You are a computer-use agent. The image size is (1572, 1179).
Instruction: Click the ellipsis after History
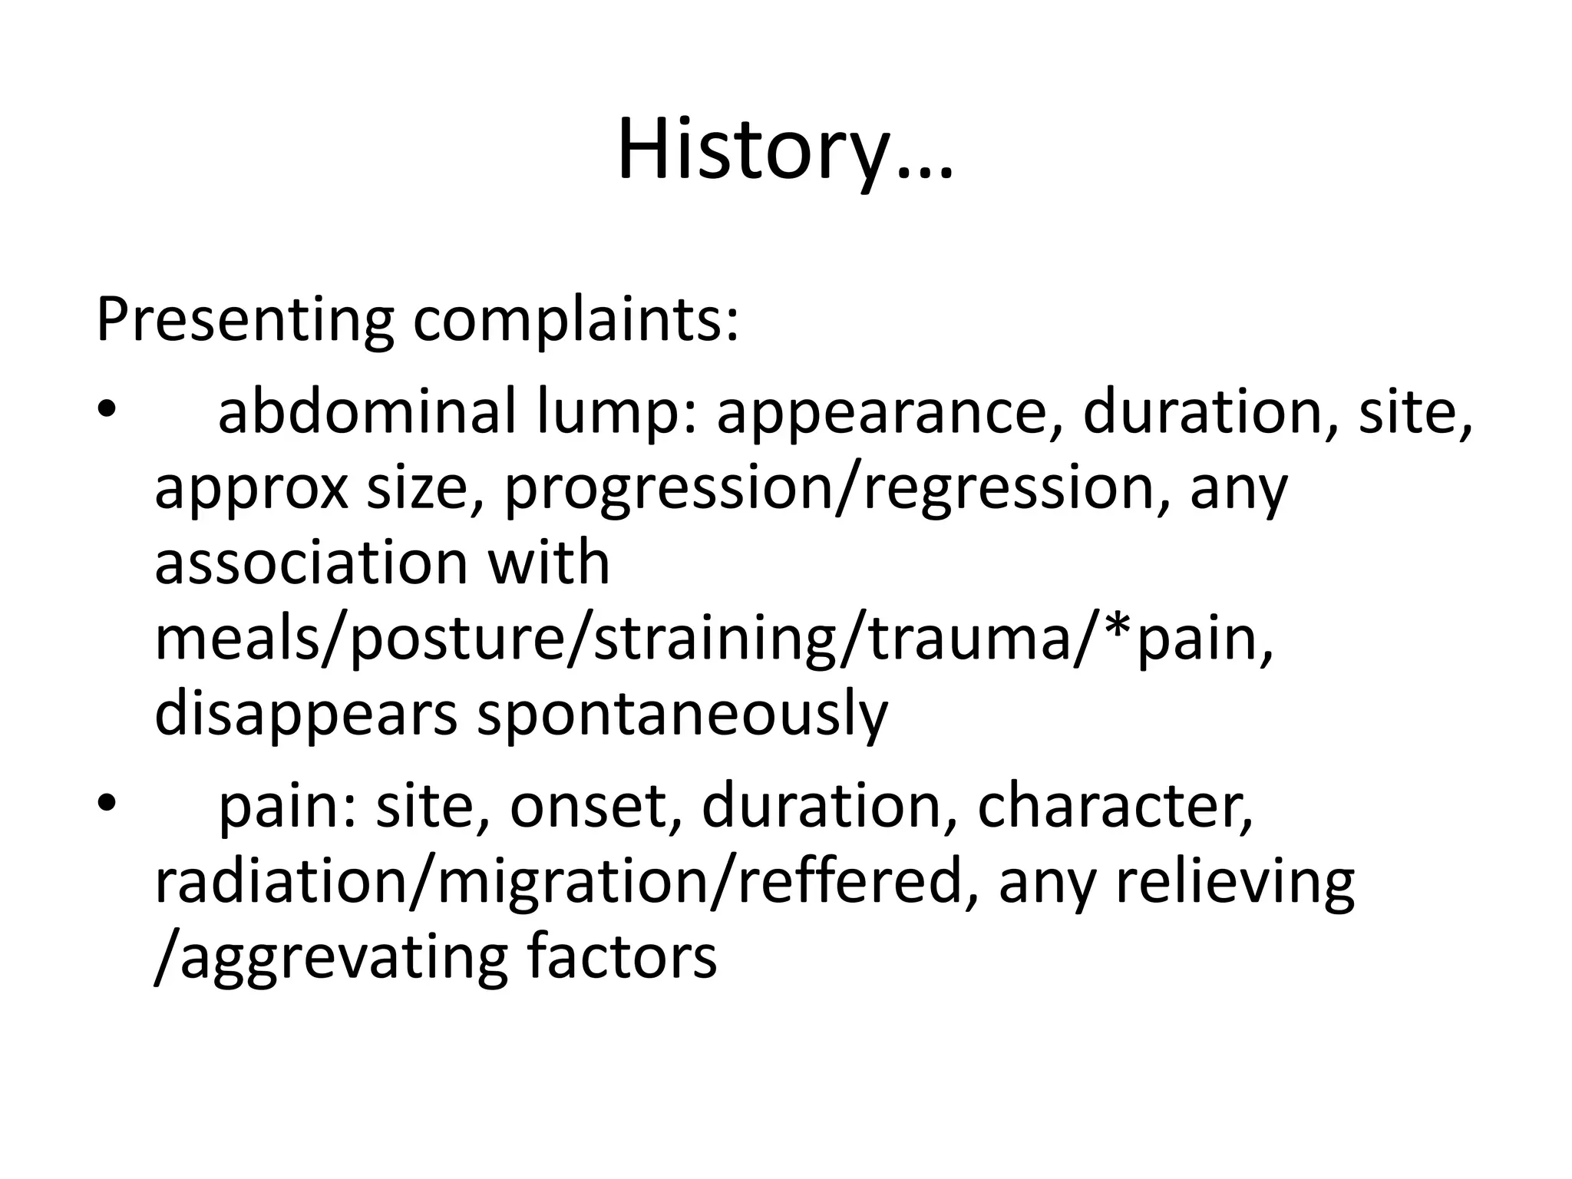click(921, 173)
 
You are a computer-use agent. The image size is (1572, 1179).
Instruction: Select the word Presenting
click(245, 320)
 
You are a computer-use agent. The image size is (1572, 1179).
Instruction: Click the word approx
click(252, 491)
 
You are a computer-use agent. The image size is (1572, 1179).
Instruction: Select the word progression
click(668, 491)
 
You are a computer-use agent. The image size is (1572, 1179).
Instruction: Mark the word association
click(311, 563)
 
